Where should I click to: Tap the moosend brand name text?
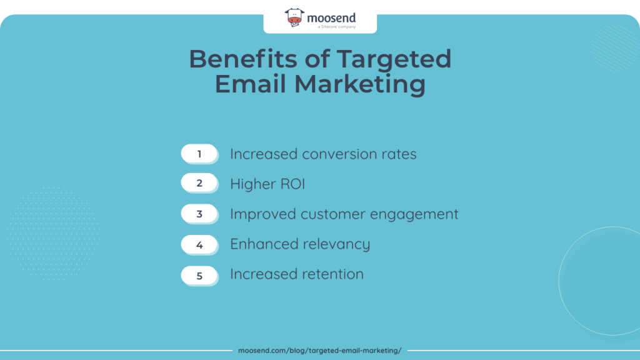click(331, 17)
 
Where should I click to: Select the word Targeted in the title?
click(394, 59)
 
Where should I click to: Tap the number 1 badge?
click(199, 154)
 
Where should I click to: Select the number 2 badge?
click(199, 184)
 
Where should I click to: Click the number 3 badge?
click(199, 214)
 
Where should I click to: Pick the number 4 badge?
click(199, 244)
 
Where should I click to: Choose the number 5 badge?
click(199, 275)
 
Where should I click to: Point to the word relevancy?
click(337, 244)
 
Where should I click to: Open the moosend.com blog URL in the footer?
click(319, 351)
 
